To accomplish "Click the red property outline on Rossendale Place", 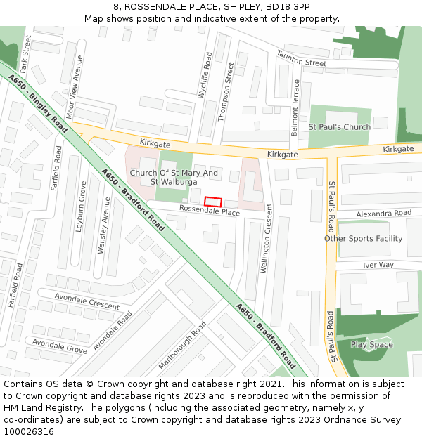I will click(213, 202).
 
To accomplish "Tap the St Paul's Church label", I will click(339, 127).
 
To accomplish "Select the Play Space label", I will click(371, 345).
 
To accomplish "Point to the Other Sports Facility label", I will click(363, 239).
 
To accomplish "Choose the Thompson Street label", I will click(225, 91).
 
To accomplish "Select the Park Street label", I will click(26, 54).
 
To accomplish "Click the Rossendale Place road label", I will click(209, 211).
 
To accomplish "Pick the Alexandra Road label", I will click(383, 213).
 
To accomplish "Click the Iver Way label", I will click(378, 265).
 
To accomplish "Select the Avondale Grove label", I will click(60, 345).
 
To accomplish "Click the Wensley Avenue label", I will click(103, 225).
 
